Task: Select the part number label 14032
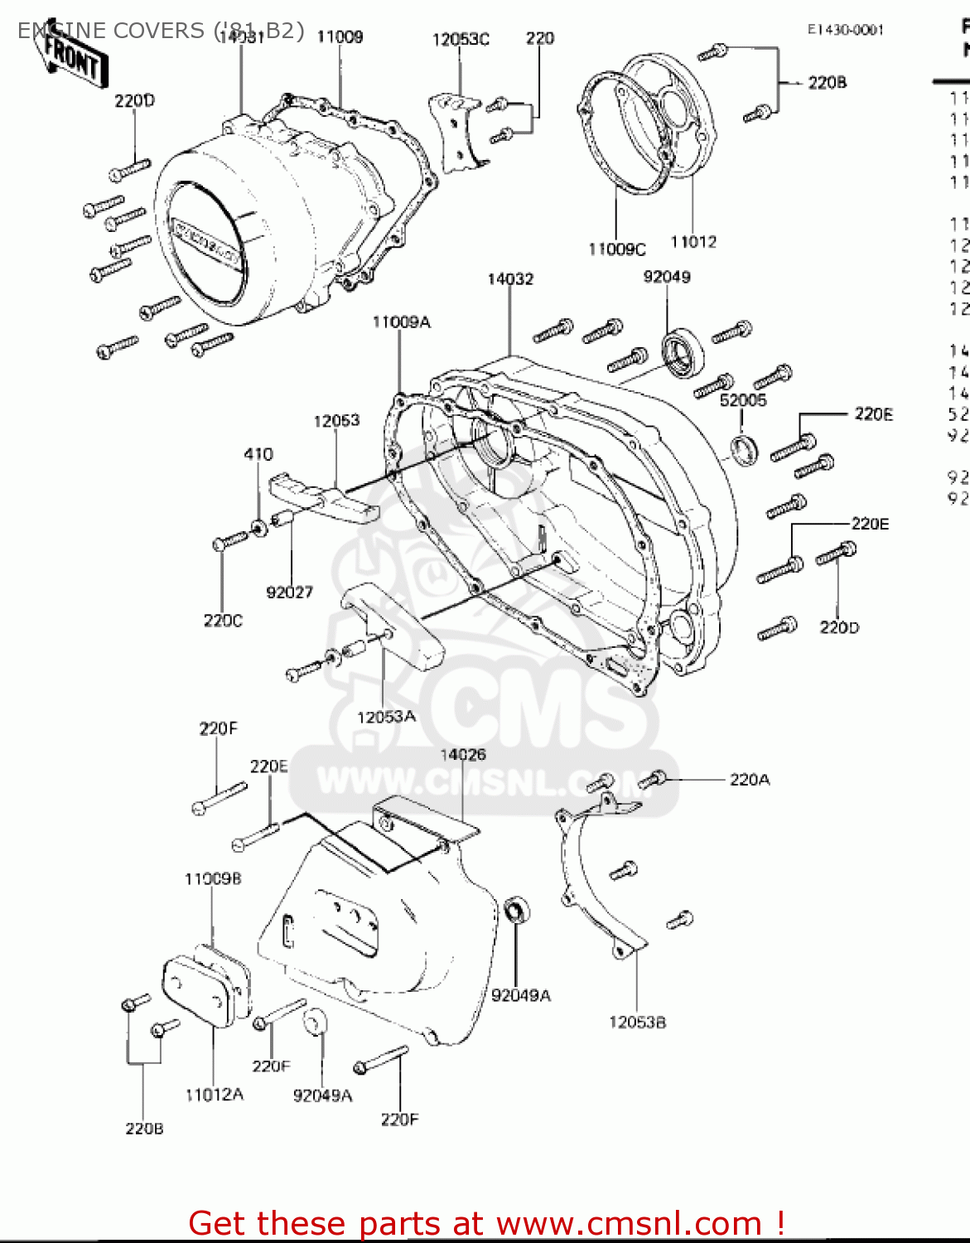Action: pyautogui.click(x=510, y=279)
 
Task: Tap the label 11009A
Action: pyautogui.click(x=401, y=322)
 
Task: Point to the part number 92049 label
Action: pyautogui.click(x=667, y=277)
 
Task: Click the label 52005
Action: pyautogui.click(x=743, y=400)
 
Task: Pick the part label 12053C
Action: pyautogui.click(x=461, y=39)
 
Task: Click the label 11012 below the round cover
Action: pyautogui.click(x=693, y=242)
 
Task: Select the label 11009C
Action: pyautogui.click(x=616, y=249)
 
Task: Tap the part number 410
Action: pyautogui.click(x=258, y=454)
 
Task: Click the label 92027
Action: pyautogui.click(x=289, y=592)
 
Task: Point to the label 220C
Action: pyautogui.click(x=223, y=621)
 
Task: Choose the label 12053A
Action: pyautogui.click(x=386, y=716)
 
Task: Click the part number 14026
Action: pyautogui.click(x=462, y=754)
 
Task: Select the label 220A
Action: pyautogui.click(x=749, y=779)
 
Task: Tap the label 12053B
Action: pyautogui.click(x=637, y=1022)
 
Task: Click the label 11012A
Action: pyautogui.click(x=214, y=1095)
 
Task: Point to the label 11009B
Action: pyautogui.click(x=213, y=878)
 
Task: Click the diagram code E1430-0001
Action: pyautogui.click(x=846, y=30)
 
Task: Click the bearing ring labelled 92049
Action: pyautogui.click(x=683, y=355)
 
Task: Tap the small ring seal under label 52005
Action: pyautogui.click(x=743, y=449)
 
